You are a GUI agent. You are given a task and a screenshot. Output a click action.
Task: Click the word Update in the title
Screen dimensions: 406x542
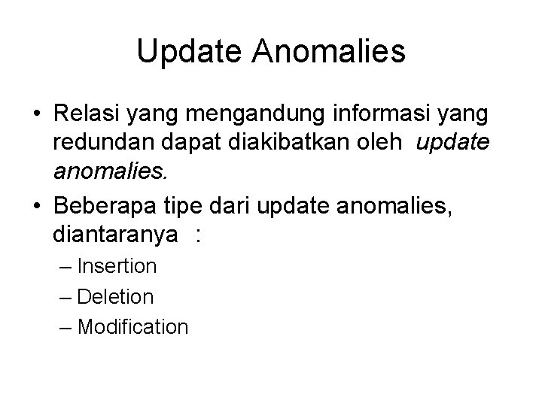(193, 52)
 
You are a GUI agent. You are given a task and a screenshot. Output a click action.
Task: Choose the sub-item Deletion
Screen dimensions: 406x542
(115, 296)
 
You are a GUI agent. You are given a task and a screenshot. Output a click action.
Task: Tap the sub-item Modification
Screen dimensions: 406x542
(132, 326)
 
